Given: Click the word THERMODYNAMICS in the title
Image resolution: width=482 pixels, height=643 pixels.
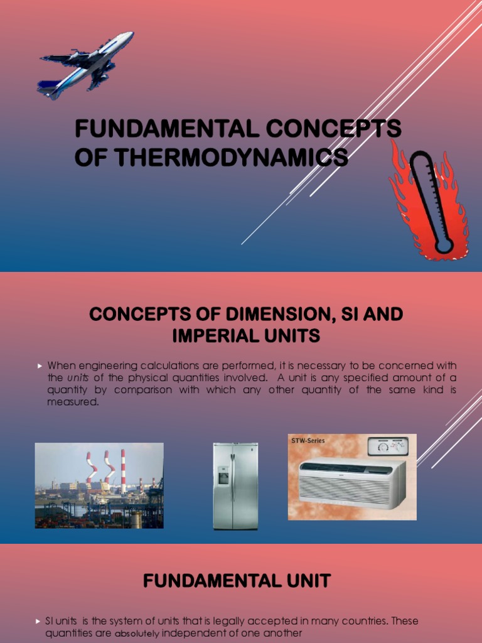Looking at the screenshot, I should point(211,157).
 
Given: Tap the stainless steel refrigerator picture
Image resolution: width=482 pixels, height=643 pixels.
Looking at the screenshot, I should point(235,486).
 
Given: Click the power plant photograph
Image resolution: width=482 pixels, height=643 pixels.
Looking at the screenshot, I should point(99,485).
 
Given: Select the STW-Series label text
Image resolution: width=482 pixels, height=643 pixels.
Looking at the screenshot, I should point(308,441).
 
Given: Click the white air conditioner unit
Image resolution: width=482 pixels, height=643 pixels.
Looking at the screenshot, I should point(351,483).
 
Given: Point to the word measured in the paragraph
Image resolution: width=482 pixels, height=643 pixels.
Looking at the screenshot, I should point(73,402).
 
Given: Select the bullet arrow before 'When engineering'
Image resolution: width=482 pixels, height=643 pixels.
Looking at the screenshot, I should point(39,365).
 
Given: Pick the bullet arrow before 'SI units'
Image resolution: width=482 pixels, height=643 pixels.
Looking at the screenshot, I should point(38,621).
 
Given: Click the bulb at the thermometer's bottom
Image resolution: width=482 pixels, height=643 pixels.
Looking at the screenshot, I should point(444,246).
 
